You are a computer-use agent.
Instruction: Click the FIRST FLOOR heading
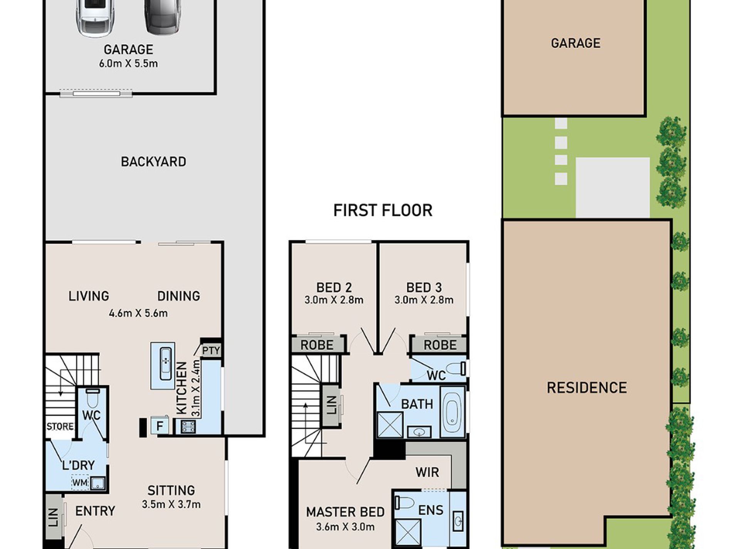point(383,211)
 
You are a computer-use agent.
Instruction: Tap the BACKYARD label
point(153,161)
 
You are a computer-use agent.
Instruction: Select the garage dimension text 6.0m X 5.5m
point(128,64)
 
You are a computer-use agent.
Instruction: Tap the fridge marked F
point(159,426)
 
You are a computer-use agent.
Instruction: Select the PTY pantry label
point(211,351)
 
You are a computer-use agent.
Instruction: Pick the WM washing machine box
point(80,483)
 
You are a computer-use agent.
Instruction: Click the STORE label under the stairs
point(60,426)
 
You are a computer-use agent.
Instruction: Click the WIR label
point(427,472)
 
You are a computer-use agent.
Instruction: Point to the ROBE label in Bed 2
point(317,345)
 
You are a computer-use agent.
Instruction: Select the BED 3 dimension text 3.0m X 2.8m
point(423,300)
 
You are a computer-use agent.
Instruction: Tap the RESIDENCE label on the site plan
point(587,387)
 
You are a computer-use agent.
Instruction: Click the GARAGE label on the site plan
point(576,43)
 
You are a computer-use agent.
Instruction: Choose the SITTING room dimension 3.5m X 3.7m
point(171,504)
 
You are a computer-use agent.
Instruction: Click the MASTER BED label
point(345,512)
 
